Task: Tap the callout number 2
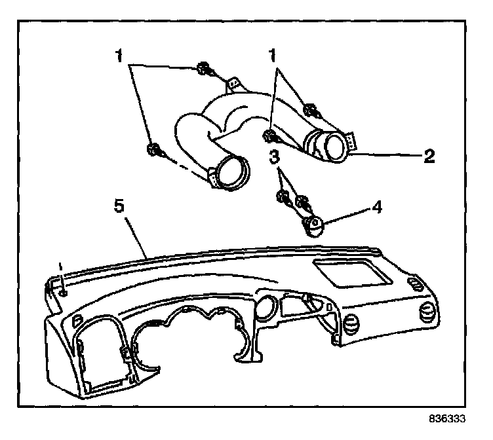coord(429,156)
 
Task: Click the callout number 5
coord(119,206)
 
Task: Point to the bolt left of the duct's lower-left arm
coord(152,150)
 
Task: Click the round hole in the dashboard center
coord(267,307)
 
